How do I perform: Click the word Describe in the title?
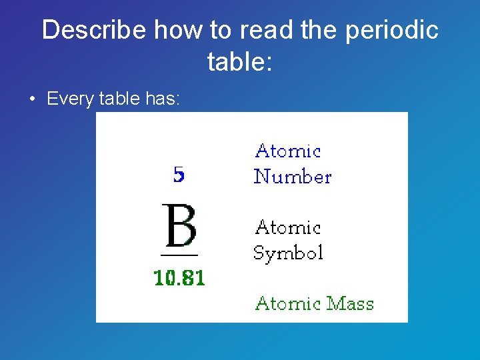pos(95,30)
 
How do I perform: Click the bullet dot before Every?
pos(32,100)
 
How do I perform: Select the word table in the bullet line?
pos(119,99)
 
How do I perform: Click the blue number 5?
pos(179,175)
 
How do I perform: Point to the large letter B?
pos(179,226)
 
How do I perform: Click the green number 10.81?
pos(179,277)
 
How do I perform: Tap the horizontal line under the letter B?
pos(179,255)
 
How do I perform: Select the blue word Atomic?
pos(288,151)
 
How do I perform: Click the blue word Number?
pos(292,177)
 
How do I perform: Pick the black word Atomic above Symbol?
pos(288,227)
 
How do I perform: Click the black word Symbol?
pos(288,253)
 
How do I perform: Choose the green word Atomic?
pos(288,303)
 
